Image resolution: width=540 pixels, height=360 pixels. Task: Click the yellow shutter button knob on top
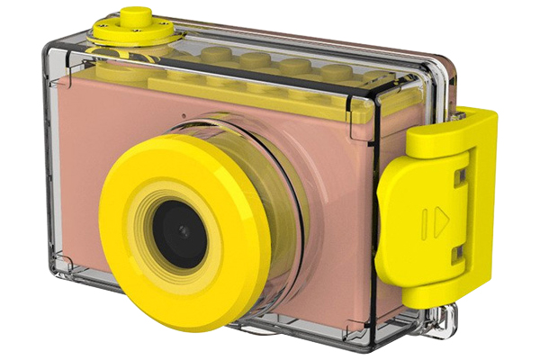click(x=136, y=15)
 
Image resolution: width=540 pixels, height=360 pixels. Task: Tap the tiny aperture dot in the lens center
click(x=183, y=231)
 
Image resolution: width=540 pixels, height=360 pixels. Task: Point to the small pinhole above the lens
click(x=183, y=116)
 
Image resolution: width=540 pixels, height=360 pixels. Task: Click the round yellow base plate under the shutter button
click(x=135, y=34)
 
